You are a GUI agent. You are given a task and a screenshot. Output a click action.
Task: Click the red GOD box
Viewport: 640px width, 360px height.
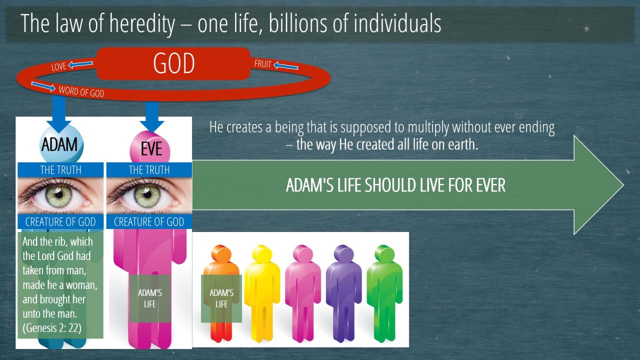[x=173, y=63]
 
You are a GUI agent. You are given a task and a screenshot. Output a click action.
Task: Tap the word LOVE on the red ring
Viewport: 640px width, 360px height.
[x=58, y=66]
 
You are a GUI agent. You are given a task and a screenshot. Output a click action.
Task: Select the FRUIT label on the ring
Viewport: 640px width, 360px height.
[x=262, y=63]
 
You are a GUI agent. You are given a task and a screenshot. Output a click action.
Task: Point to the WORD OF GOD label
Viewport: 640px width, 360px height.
[x=81, y=91]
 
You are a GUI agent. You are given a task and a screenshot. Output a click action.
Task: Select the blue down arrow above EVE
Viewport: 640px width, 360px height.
[x=152, y=117]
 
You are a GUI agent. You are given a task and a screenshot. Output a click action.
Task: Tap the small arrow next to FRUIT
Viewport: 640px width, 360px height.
[x=285, y=66]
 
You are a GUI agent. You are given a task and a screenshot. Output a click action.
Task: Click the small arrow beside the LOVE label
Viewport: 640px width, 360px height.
[x=80, y=63]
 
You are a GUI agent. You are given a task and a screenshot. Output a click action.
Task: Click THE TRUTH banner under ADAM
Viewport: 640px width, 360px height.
[x=60, y=170]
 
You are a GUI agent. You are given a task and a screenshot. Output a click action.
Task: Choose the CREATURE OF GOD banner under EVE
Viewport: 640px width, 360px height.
[x=149, y=221]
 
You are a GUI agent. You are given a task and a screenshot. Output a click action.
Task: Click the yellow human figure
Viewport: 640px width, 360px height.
[x=262, y=293]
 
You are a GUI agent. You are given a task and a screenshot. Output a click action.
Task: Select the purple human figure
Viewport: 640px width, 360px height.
[x=343, y=293]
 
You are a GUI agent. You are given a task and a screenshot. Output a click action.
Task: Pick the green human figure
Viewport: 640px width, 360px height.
[x=384, y=293]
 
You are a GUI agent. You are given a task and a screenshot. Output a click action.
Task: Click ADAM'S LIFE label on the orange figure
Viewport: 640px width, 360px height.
[x=221, y=298]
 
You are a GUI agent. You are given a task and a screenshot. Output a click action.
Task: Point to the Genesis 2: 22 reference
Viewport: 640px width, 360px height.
[x=52, y=328]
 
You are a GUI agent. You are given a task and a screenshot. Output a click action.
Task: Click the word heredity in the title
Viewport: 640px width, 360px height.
[x=142, y=23]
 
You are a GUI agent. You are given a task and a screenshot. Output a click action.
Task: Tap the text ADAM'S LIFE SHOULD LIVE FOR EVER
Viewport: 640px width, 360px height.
[x=395, y=185]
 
